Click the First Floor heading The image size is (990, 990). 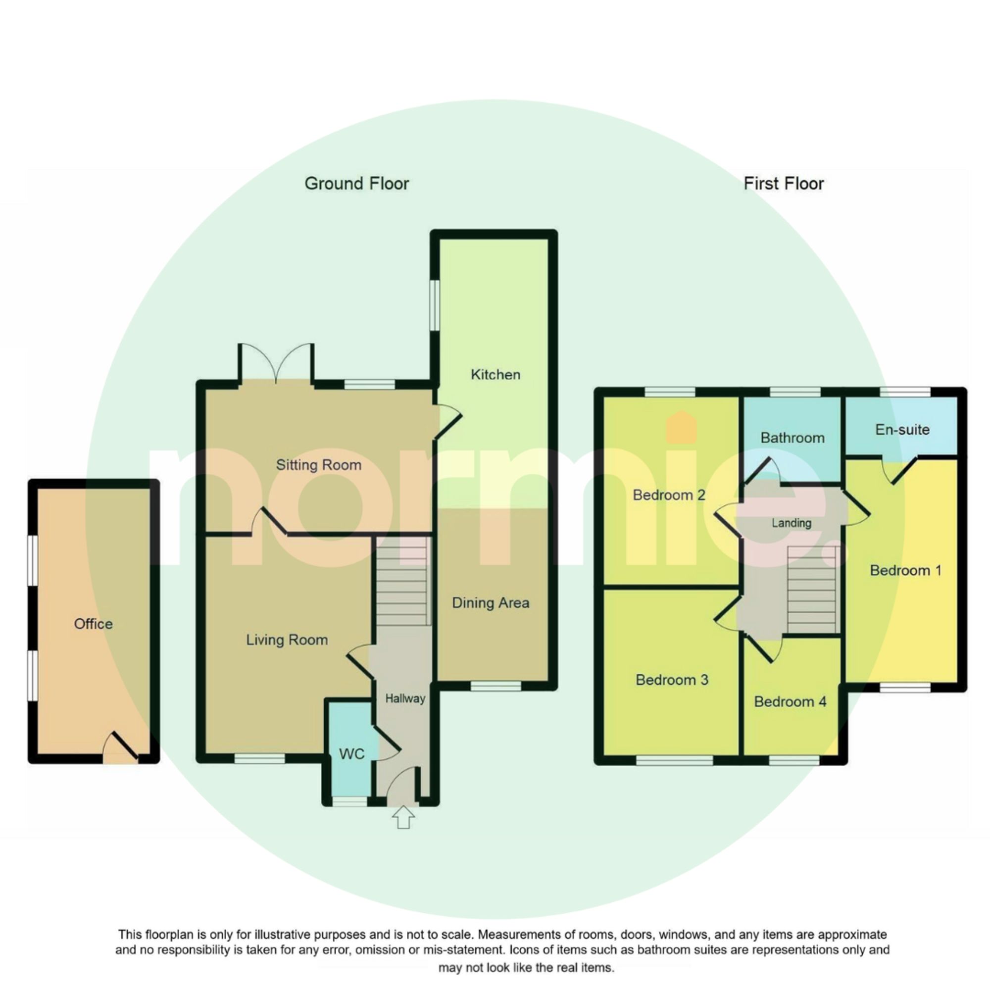tap(784, 184)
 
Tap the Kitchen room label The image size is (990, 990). tap(495, 375)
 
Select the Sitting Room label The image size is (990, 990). tap(319, 465)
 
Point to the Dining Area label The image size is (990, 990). tap(491, 602)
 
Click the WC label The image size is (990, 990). tap(351, 754)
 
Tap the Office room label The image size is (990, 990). tap(93, 624)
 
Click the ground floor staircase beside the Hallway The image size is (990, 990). tap(402, 581)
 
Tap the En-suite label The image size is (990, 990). tap(902, 429)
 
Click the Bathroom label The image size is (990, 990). tap(792, 438)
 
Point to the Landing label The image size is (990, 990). tap(792, 523)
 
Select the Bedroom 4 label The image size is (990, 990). tap(790, 701)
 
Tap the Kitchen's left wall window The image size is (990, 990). tap(435, 305)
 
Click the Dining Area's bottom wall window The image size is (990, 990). tap(495, 686)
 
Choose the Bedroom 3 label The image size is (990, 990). tap(672, 680)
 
